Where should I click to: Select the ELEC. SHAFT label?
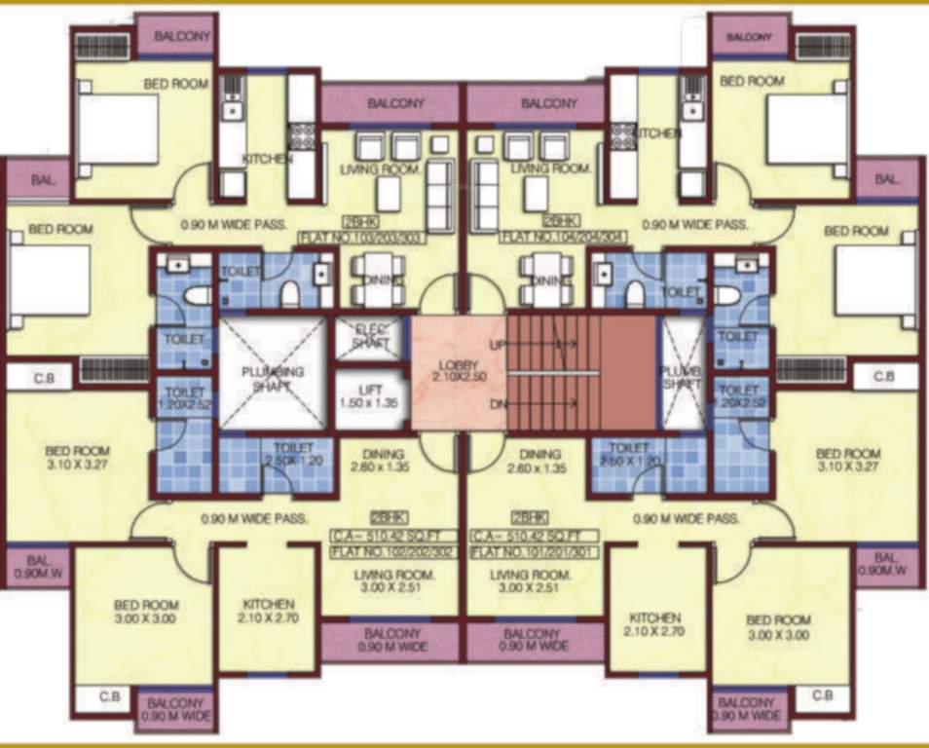[x=370, y=336]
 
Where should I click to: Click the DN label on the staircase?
[x=495, y=404]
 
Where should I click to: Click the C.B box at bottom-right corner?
[x=822, y=696]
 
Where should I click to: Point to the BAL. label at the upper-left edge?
[x=43, y=180]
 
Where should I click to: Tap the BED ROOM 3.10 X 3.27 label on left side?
[x=77, y=459]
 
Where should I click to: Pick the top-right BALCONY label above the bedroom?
[x=749, y=37]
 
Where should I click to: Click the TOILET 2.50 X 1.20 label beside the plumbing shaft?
[x=292, y=455]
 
